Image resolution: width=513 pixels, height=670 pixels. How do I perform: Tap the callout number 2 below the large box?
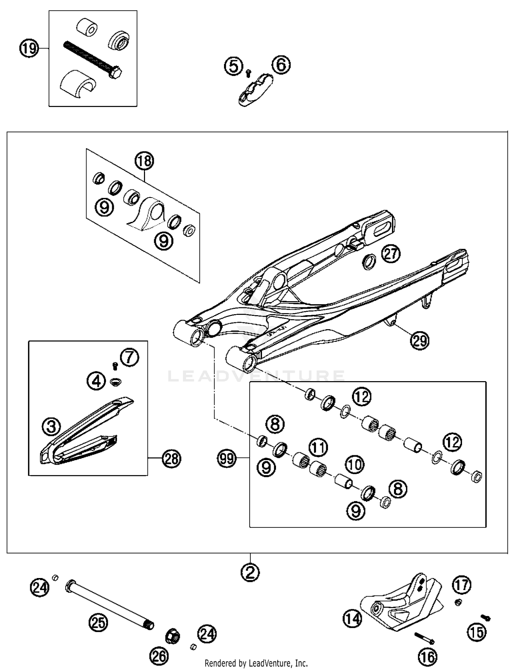(x=250, y=572)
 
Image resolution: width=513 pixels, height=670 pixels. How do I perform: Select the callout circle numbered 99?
(x=227, y=458)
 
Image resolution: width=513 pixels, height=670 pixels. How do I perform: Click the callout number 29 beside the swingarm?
(x=420, y=340)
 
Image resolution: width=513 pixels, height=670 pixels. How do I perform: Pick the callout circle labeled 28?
(x=171, y=458)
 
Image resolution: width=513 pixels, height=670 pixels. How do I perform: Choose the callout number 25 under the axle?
(x=98, y=623)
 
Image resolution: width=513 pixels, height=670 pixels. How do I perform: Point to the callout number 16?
(x=428, y=656)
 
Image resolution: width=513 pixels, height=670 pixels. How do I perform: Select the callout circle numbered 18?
(x=144, y=161)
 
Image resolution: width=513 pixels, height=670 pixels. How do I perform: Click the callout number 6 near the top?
(x=281, y=65)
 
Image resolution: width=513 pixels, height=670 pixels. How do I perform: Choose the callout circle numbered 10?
(x=355, y=465)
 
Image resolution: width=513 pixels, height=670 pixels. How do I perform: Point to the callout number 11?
(x=318, y=447)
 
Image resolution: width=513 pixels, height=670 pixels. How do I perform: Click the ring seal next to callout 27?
(x=369, y=262)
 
